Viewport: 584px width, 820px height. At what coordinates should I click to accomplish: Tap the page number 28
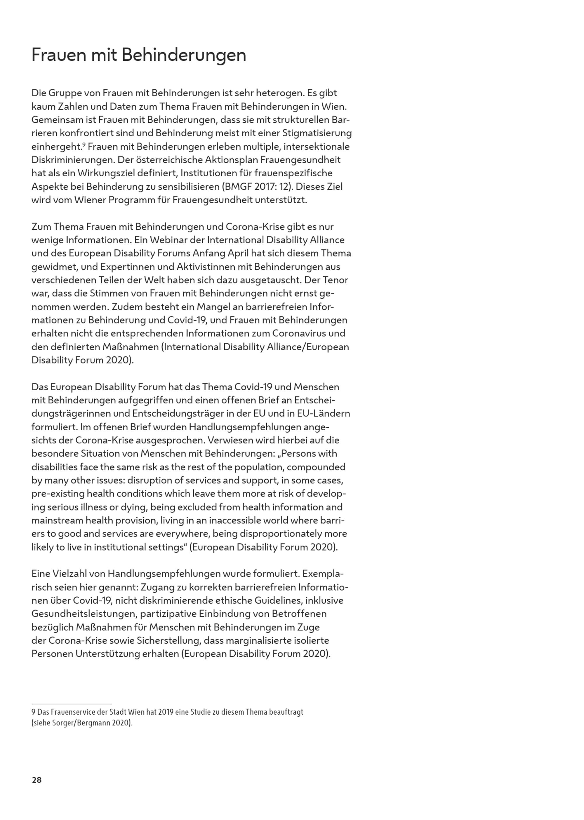37,780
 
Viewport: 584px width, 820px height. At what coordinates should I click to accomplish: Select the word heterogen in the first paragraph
278,93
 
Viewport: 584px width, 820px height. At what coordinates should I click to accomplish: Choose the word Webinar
169,240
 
